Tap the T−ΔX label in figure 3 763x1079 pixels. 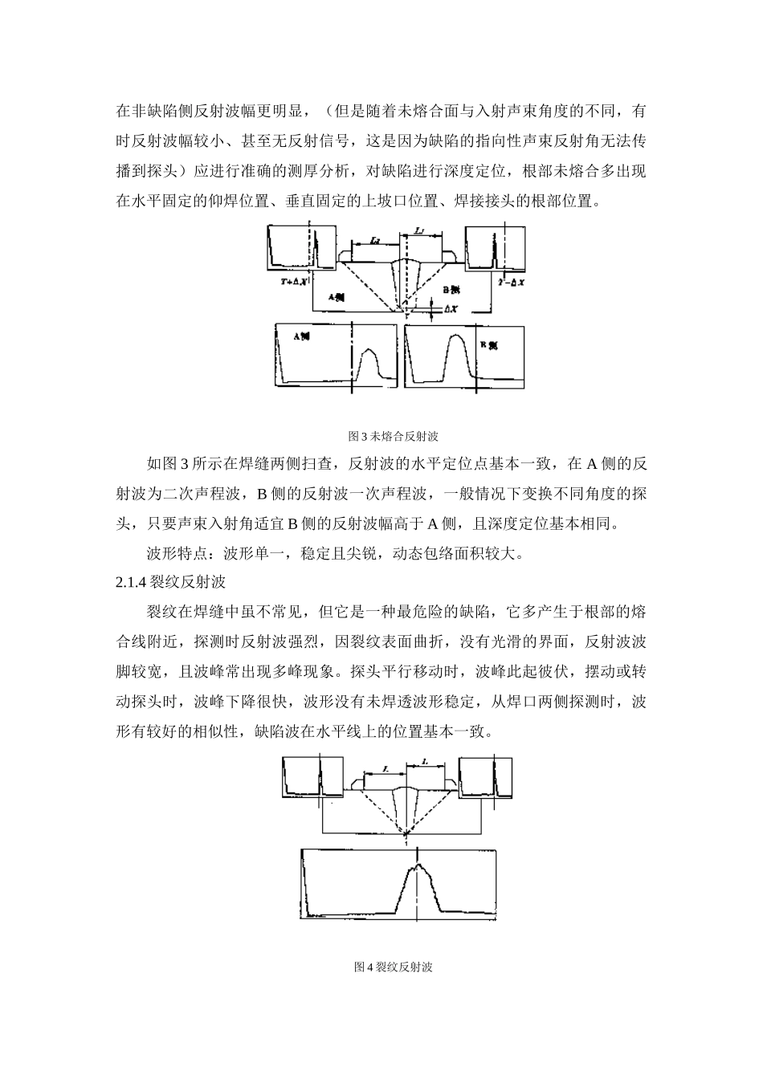tap(511, 283)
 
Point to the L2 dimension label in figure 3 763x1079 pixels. tap(375, 240)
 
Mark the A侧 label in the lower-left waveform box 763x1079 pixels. tap(302, 338)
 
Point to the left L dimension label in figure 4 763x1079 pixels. tap(386, 768)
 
